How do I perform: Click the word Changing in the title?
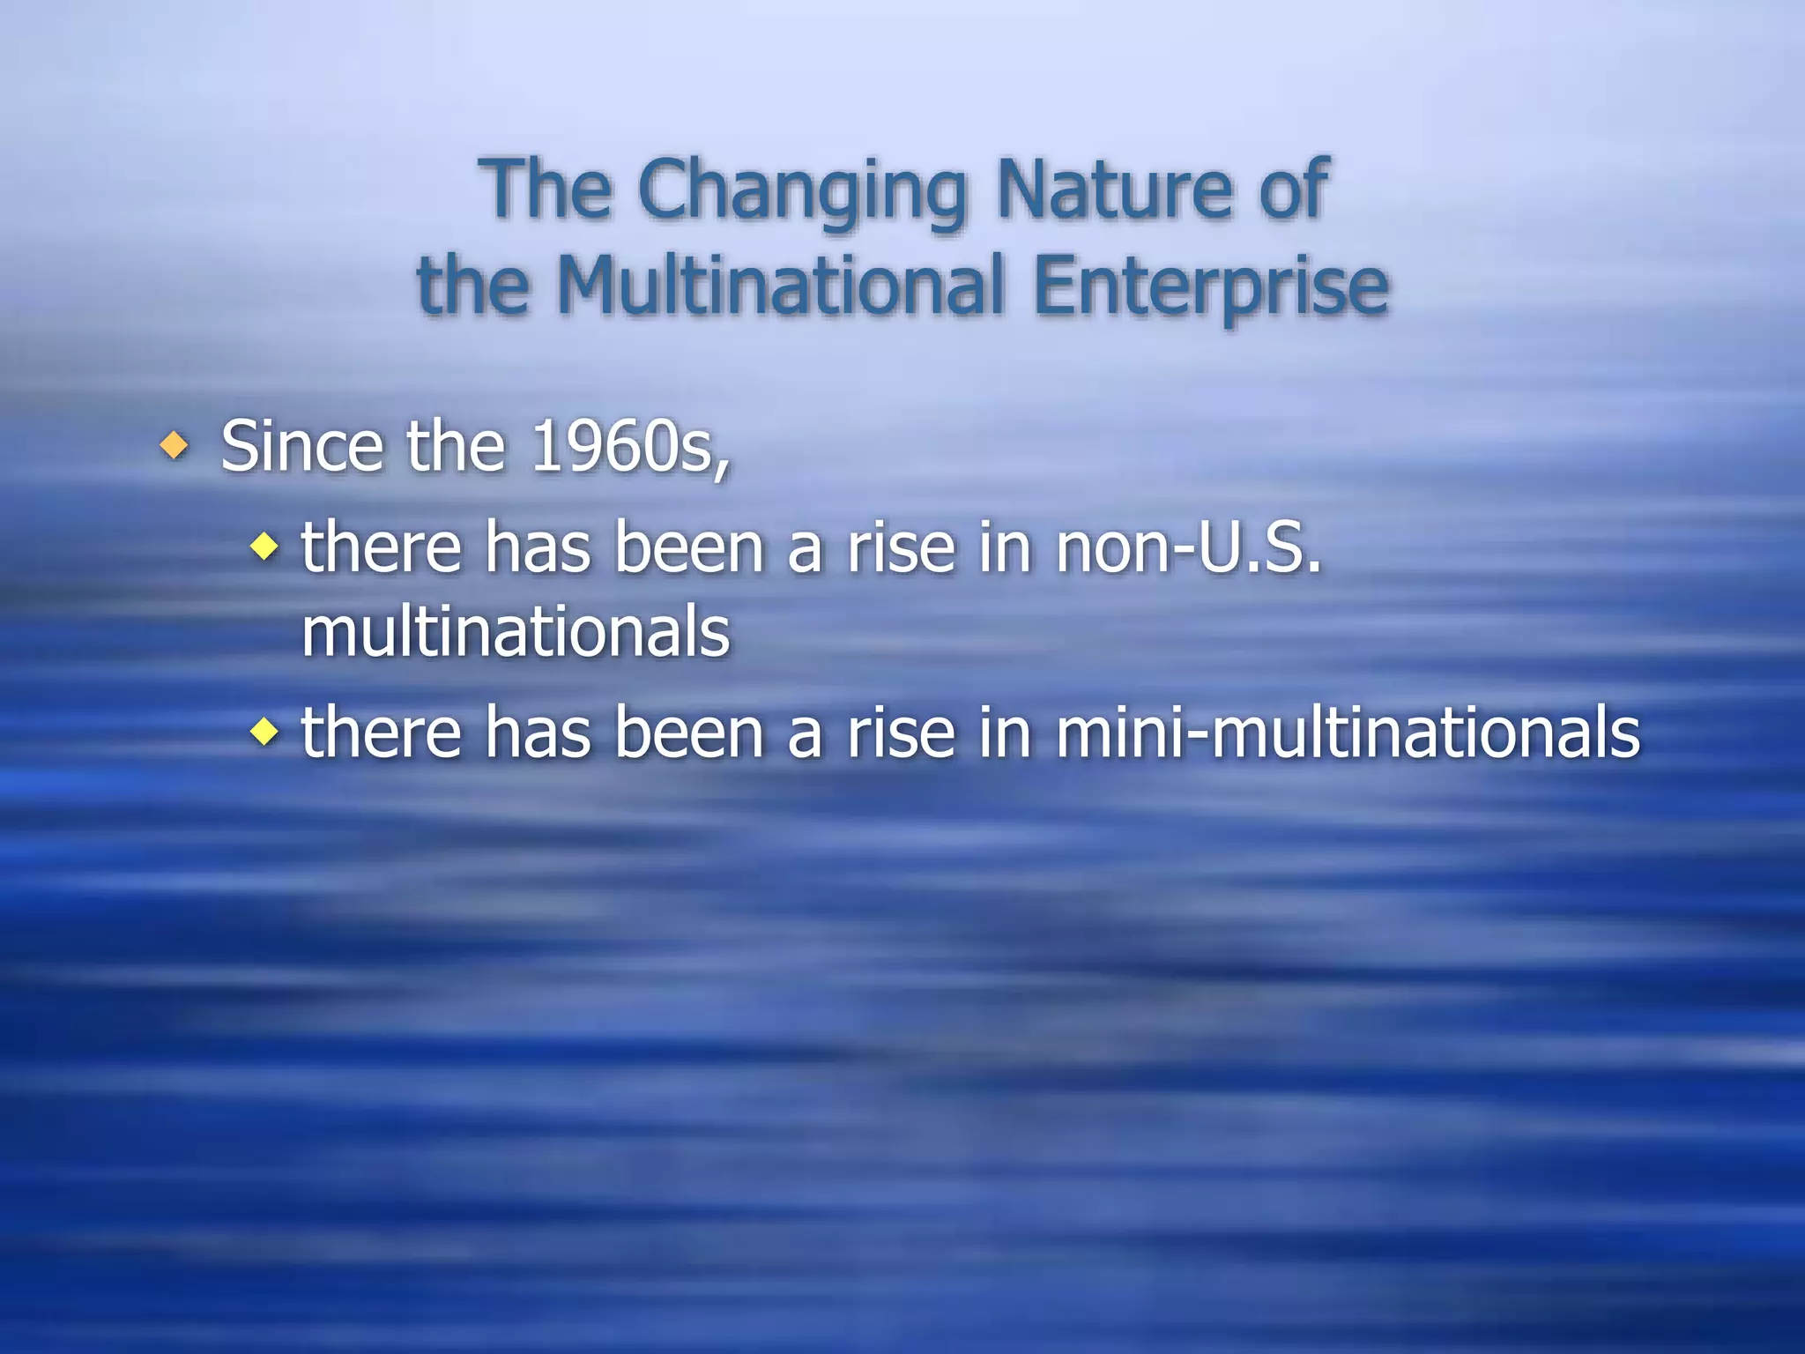802,191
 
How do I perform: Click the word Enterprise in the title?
1211,287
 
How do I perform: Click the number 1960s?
630,448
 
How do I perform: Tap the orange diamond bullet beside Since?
175,446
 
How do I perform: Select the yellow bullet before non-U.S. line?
264,548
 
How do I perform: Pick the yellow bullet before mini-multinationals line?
264,732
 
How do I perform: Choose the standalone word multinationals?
516,632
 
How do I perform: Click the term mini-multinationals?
1348,733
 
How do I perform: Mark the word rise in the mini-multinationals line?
901,733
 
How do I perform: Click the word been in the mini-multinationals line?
688,733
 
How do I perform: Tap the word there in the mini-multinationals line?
381,733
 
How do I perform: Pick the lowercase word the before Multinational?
473,286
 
